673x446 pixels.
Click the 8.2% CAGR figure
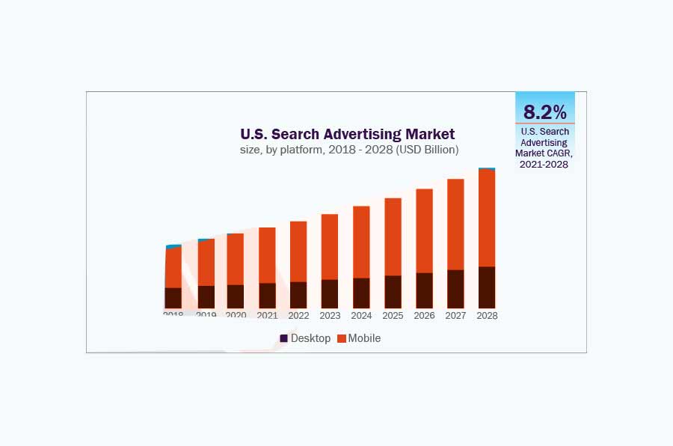point(545,112)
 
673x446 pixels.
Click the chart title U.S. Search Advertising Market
point(347,134)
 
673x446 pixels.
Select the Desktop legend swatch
point(284,338)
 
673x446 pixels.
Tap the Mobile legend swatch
point(342,338)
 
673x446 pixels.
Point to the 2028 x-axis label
point(487,316)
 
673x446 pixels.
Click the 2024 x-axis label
point(361,316)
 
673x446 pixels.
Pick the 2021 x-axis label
point(267,316)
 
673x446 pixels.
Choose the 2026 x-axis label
point(424,316)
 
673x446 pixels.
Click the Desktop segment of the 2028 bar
point(487,287)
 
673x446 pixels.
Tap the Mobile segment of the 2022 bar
point(298,251)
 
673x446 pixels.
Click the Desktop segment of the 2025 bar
point(393,292)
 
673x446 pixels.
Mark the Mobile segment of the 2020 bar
point(236,259)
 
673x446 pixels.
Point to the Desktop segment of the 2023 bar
point(330,294)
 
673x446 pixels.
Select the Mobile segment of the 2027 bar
point(455,224)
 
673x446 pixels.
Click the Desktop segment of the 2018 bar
point(173,298)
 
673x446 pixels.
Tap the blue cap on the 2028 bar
point(487,169)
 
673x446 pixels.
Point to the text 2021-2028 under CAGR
point(545,164)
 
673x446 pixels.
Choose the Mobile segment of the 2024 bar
point(361,242)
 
